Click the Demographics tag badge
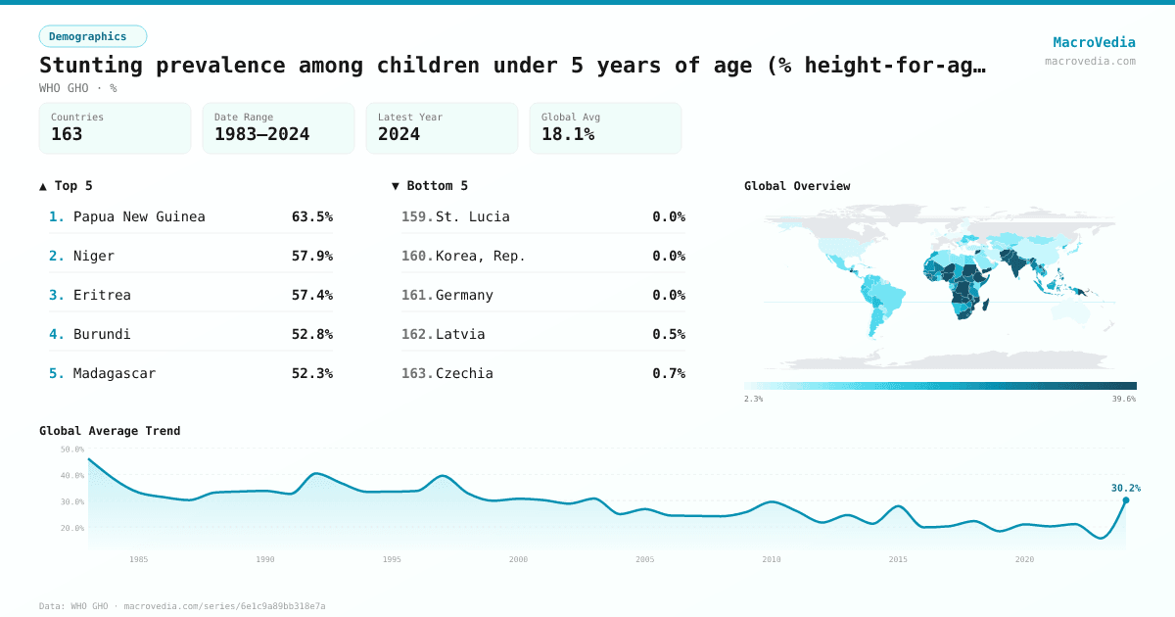pos(92,36)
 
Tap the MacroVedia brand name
pos(1094,42)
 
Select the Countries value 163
pos(67,134)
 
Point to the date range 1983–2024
pos(261,134)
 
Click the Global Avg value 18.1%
pos(568,134)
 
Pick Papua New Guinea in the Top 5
pos(139,216)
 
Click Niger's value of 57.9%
pos(311,256)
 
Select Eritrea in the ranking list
pos(102,295)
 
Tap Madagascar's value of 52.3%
pos(311,373)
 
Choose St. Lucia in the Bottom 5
pos(472,216)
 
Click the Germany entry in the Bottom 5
pos(464,295)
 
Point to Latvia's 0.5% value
pos(669,334)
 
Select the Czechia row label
pos(464,373)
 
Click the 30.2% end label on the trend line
pos(1125,488)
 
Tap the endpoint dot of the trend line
pos(1126,500)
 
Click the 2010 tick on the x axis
pos(772,559)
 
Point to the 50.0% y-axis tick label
pos(72,450)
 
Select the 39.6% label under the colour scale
pos(1124,399)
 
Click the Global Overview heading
pos(797,186)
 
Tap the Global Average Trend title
pos(110,431)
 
